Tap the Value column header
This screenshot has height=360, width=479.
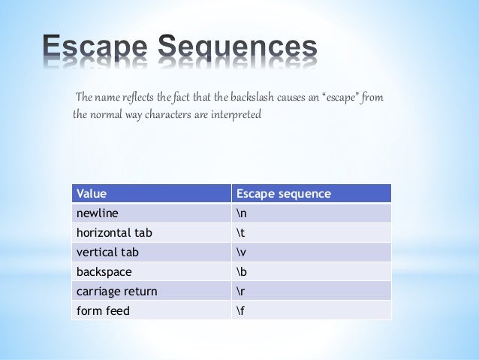(91, 193)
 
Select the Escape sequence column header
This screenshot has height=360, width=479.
(283, 193)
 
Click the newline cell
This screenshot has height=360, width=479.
(98, 213)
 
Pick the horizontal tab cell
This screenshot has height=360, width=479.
(109, 232)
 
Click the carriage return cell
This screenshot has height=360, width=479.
(116, 291)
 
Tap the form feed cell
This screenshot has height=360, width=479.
(103, 310)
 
